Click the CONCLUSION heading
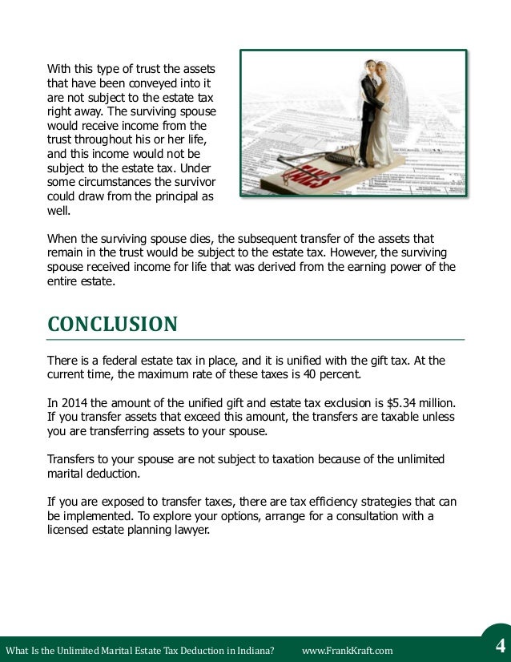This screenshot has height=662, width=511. [112, 325]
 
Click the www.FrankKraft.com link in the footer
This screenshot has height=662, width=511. [348, 650]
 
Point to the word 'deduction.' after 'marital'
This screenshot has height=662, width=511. [114, 473]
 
